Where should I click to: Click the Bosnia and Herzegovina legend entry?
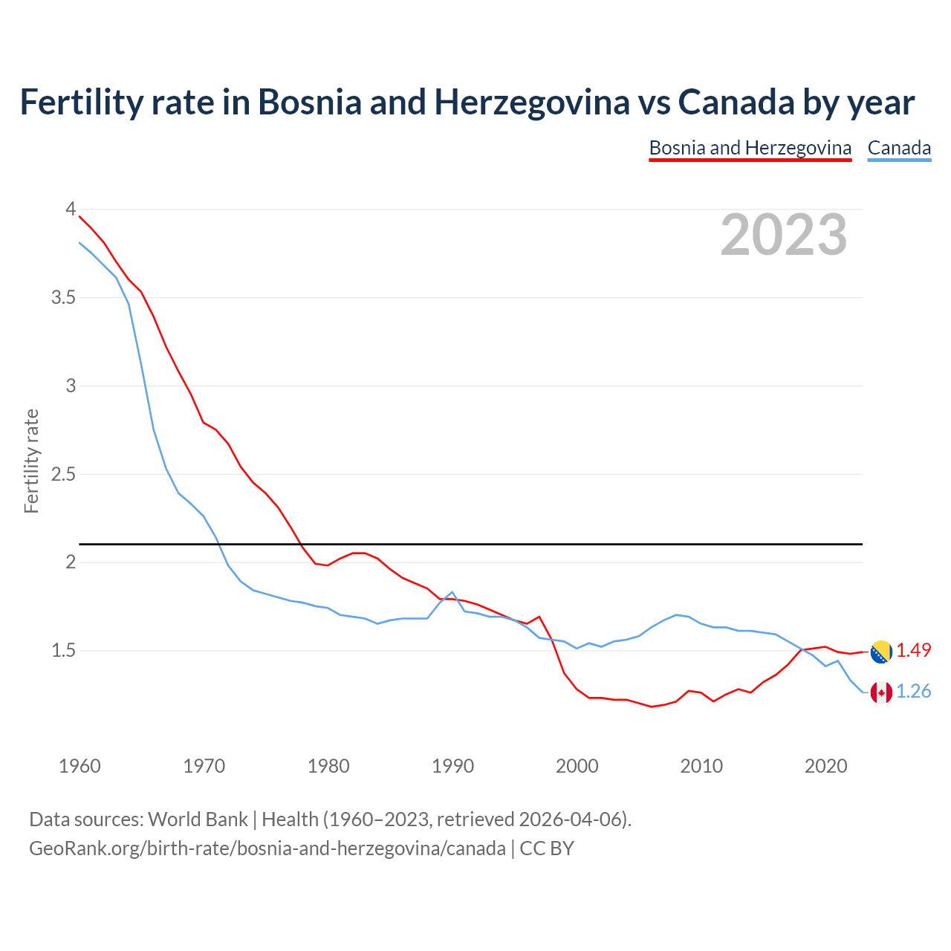[750, 148]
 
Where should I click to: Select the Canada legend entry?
[899, 148]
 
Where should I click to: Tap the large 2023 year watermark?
[783, 235]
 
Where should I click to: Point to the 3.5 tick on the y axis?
[63, 298]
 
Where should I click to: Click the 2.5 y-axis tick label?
[63, 474]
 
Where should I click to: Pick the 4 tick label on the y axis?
[71, 210]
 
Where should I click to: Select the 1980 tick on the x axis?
[328, 766]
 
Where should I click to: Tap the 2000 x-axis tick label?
[577, 766]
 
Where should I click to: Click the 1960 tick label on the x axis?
[79, 766]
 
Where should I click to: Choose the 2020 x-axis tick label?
[825, 766]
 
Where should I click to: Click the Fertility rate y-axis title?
[31, 461]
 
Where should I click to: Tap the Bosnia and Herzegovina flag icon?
[881, 652]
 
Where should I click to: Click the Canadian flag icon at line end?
[881, 692]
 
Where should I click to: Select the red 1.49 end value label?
[913, 651]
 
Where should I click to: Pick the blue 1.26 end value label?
[913, 692]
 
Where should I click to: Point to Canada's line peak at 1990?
[452, 592]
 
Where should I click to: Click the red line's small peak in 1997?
[539, 617]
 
